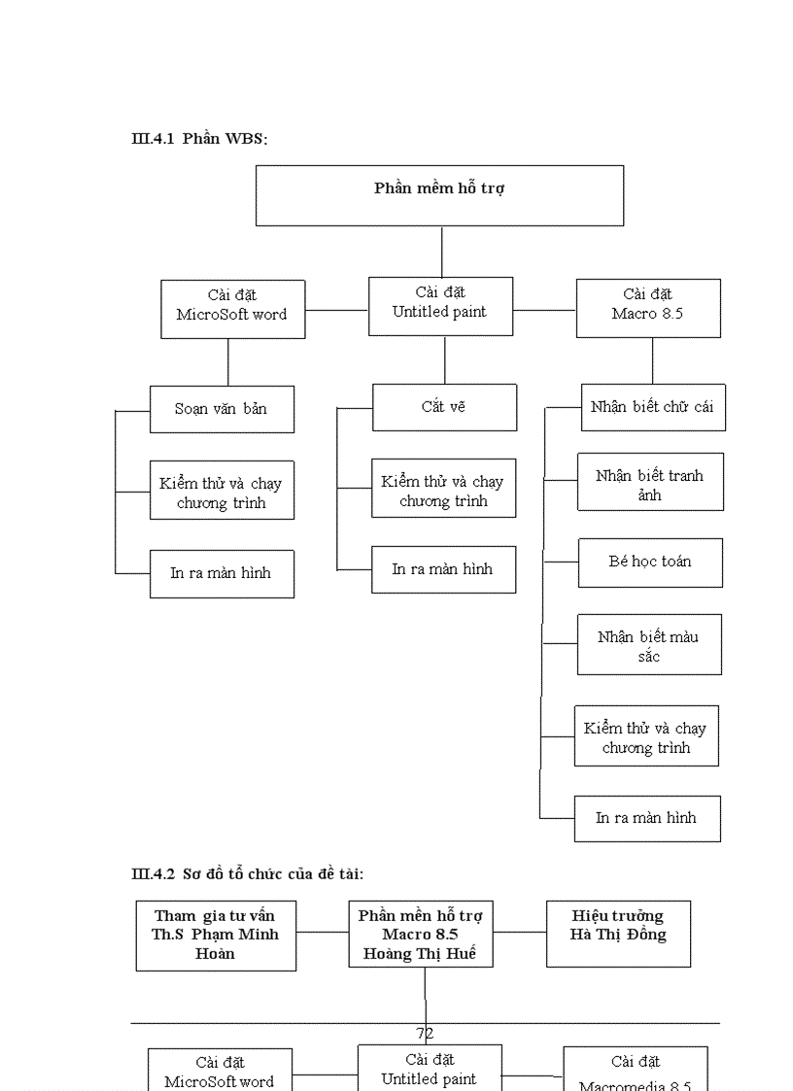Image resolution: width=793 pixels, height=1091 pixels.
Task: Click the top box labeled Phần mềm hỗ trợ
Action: click(x=439, y=195)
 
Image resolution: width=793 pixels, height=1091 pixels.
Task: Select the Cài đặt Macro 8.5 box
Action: click(x=648, y=308)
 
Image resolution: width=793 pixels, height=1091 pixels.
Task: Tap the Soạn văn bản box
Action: click(x=222, y=409)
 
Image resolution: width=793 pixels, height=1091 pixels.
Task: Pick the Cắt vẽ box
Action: click(x=444, y=407)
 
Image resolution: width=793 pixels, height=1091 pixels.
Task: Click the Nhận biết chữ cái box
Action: click(x=652, y=407)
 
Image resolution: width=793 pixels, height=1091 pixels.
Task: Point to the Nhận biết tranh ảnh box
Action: click(x=650, y=482)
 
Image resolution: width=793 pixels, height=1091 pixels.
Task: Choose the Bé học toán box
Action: click(x=650, y=563)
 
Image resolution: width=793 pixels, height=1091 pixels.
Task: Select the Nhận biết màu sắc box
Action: click(x=649, y=644)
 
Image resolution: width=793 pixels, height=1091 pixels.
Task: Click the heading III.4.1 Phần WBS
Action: click(x=199, y=139)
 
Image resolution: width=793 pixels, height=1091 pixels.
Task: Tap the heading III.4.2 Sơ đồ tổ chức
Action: click(x=248, y=874)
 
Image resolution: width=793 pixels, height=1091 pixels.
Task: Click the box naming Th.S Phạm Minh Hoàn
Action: click(x=216, y=936)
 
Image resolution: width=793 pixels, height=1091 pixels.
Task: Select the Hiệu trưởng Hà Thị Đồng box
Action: click(x=618, y=934)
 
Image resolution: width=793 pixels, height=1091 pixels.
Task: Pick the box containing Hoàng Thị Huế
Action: click(x=420, y=935)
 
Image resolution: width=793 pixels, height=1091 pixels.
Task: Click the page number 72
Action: click(x=425, y=1034)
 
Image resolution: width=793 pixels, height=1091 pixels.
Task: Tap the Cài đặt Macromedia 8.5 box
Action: click(x=636, y=1071)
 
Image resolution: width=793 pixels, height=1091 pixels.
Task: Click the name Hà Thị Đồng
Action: click(x=618, y=935)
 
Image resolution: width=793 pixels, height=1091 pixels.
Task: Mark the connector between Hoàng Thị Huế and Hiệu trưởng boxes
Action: click(x=519, y=933)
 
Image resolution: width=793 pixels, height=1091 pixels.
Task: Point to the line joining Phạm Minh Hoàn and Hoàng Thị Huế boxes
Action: click(x=322, y=933)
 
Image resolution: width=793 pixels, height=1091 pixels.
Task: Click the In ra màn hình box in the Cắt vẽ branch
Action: click(x=443, y=569)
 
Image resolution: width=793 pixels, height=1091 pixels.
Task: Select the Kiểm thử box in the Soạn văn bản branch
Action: click(x=222, y=492)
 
